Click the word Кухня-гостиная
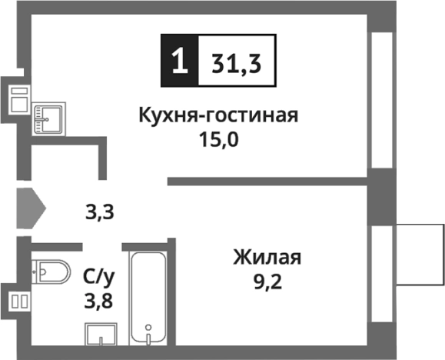click(x=218, y=117)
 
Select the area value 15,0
click(x=218, y=142)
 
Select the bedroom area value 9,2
click(x=267, y=282)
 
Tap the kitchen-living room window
click(x=381, y=100)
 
